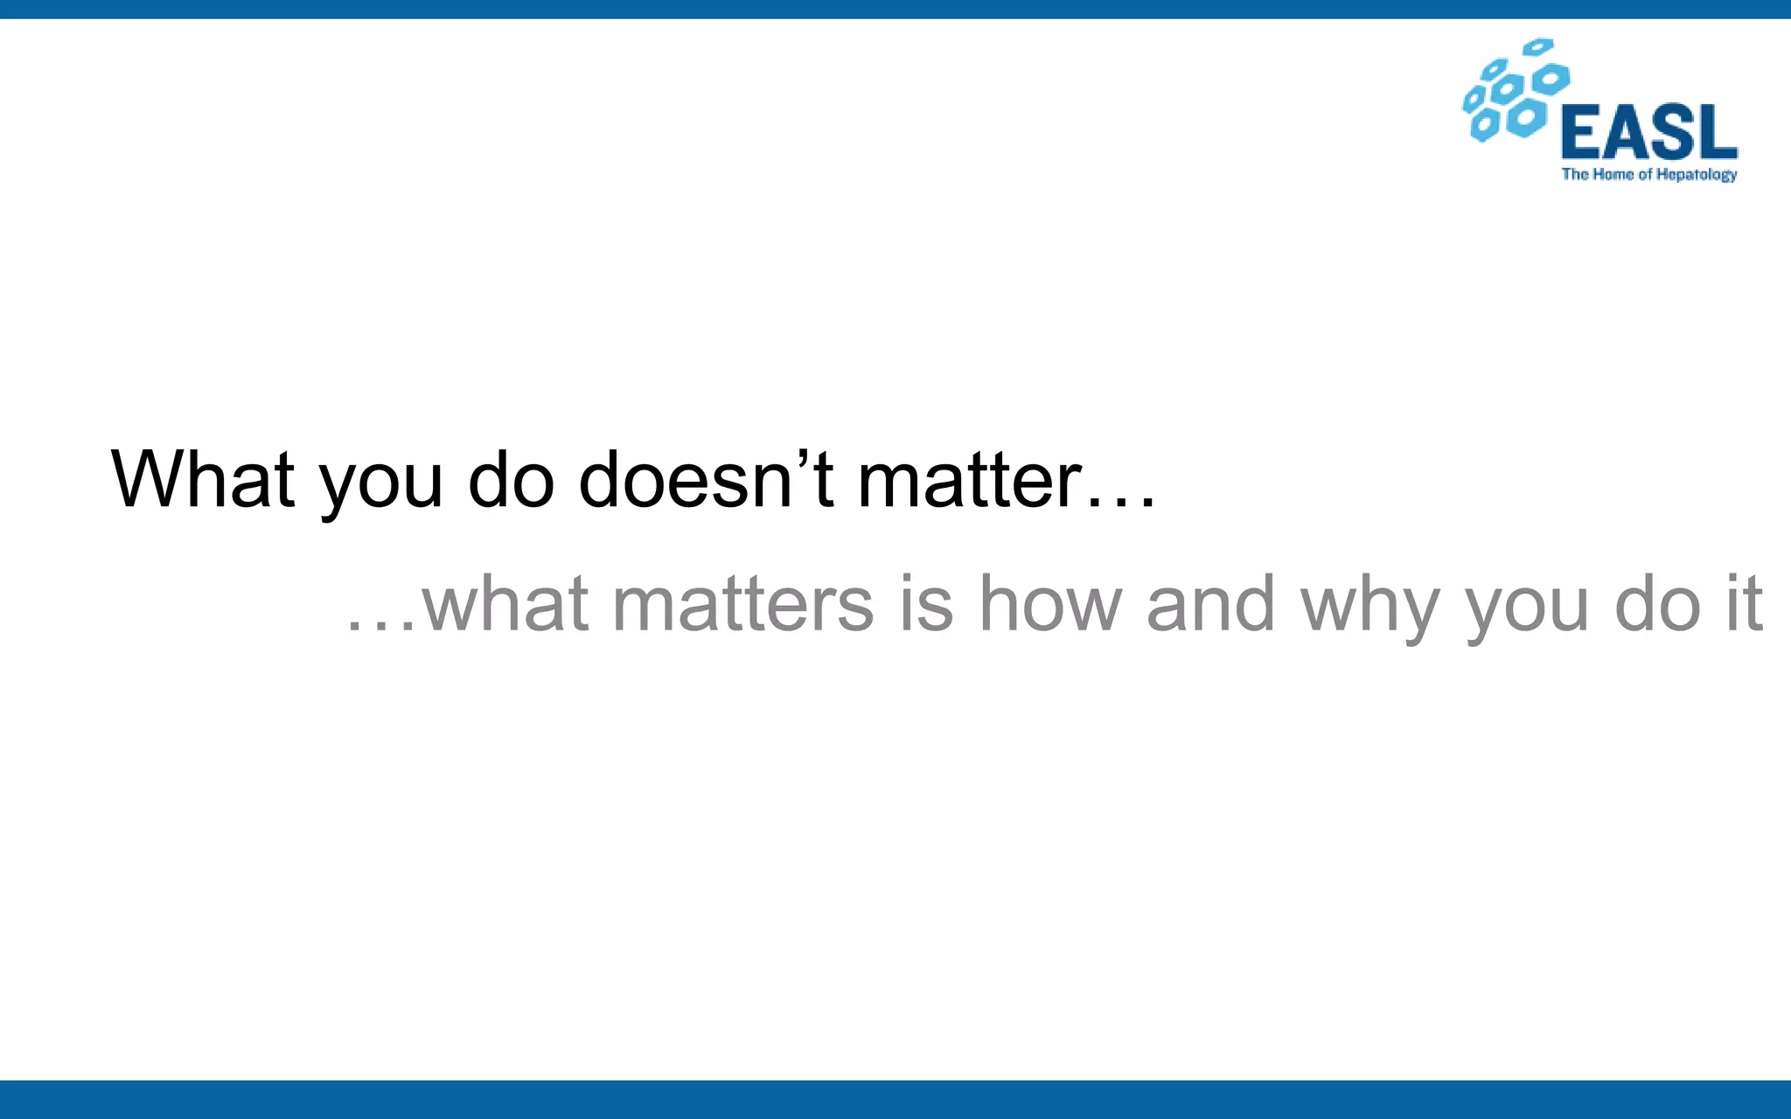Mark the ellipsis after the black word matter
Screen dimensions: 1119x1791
click(1121, 503)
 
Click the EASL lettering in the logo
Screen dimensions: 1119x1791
click(1649, 132)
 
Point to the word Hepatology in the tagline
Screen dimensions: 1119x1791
click(1697, 175)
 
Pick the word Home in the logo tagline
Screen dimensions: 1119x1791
click(1613, 175)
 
